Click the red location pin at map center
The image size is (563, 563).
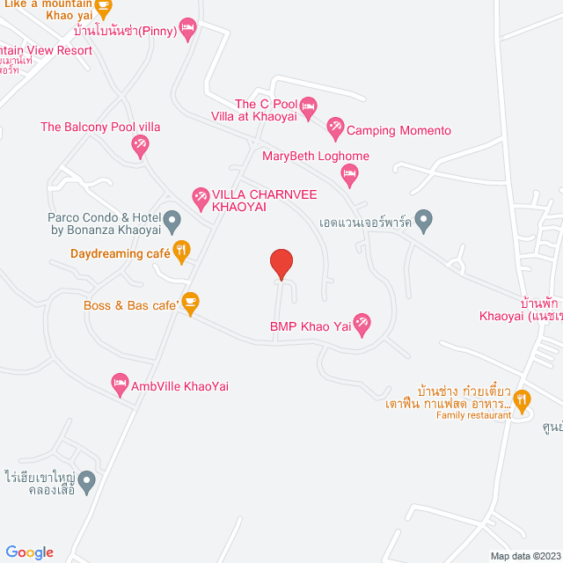(x=281, y=263)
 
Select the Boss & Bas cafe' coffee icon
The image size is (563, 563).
(x=191, y=304)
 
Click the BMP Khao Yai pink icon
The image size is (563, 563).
(x=361, y=324)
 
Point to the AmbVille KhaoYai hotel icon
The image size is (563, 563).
(x=120, y=384)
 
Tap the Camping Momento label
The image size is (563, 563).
(x=398, y=131)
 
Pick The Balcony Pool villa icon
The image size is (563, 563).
(x=140, y=145)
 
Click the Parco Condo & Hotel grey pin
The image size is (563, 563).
(x=172, y=219)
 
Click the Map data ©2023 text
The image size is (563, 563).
(x=523, y=556)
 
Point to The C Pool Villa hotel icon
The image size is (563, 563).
(x=308, y=109)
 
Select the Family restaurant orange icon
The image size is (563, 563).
(x=523, y=400)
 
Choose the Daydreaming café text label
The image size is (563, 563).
(x=120, y=253)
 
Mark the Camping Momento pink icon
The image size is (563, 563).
(x=334, y=129)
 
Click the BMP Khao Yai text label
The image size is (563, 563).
(x=298, y=325)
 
